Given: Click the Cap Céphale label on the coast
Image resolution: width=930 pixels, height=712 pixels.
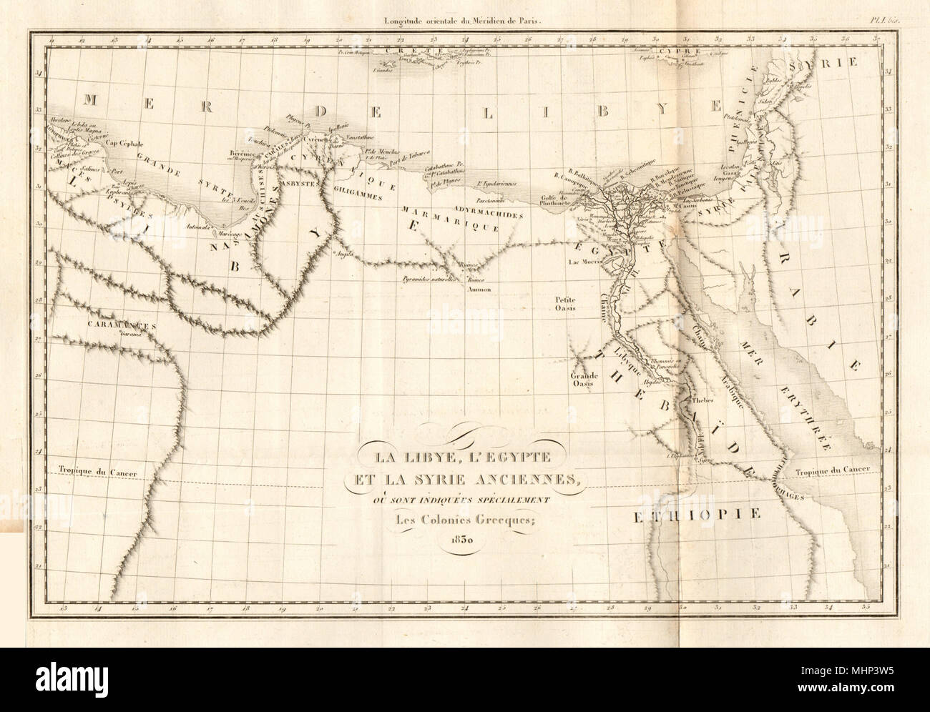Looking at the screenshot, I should [x=116, y=142].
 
